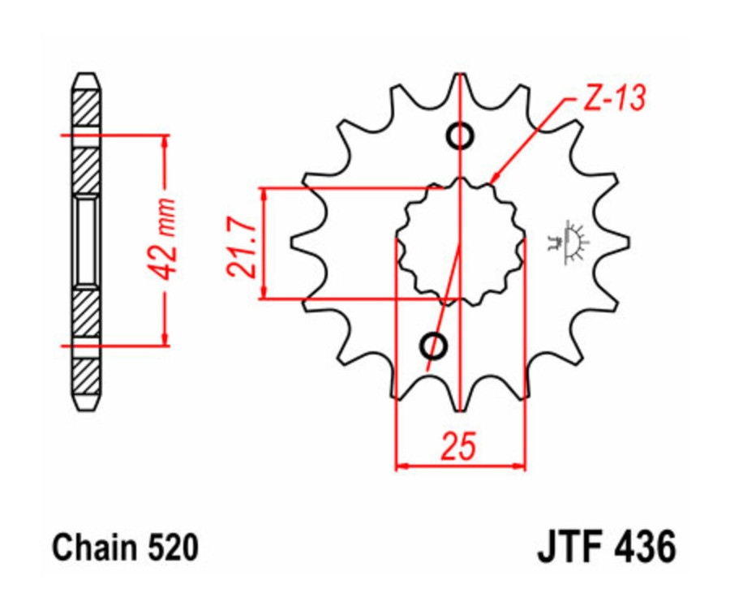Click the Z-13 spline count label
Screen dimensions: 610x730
pyautogui.click(x=614, y=98)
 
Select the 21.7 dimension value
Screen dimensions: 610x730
pyautogui.click(x=243, y=243)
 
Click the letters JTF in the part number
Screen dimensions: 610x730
pyautogui.click(x=569, y=548)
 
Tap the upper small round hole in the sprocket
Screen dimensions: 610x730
pyautogui.click(x=460, y=135)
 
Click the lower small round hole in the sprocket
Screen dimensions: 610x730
pyautogui.click(x=433, y=346)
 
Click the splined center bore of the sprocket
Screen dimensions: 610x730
pyautogui.click(x=460, y=242)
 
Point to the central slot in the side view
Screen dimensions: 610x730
pyautogui.click(x=87, y=241)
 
